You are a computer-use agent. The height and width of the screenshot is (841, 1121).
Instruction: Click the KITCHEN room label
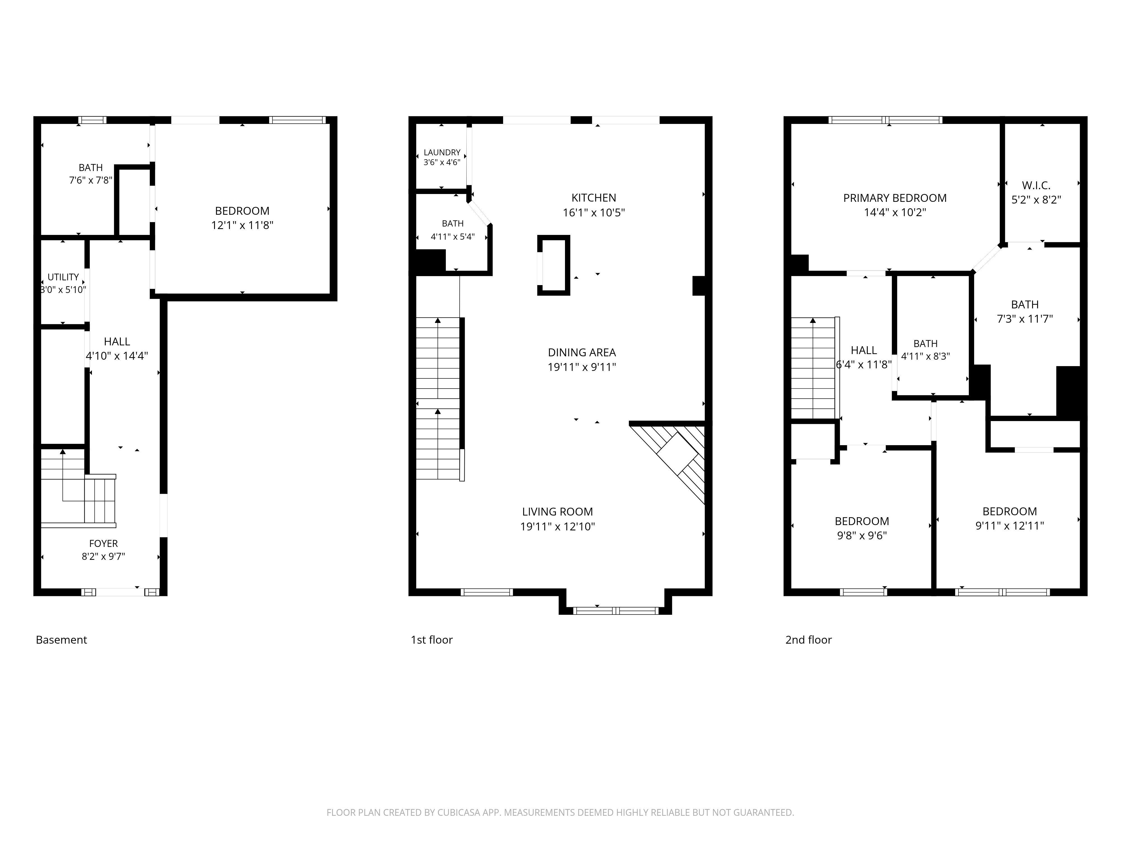594,198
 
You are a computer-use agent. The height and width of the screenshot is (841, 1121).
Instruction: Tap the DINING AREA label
582,352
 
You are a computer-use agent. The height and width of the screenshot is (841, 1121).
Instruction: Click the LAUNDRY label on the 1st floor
442,152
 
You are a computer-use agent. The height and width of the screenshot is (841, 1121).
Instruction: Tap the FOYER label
103,544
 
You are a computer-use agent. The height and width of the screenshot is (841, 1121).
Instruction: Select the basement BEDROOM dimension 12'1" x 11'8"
242,225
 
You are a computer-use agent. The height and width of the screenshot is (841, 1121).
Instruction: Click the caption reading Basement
61,640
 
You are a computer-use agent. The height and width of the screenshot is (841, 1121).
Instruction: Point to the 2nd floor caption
808,640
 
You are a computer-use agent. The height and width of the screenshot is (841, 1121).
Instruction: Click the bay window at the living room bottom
615,610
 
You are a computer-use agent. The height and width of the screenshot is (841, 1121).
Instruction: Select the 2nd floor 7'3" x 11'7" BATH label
1025,319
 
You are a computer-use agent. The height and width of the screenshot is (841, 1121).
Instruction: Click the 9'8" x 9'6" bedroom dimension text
861,535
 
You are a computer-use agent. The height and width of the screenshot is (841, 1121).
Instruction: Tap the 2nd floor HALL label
863,350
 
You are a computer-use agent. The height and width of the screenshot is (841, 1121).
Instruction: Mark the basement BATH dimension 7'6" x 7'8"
91,180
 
